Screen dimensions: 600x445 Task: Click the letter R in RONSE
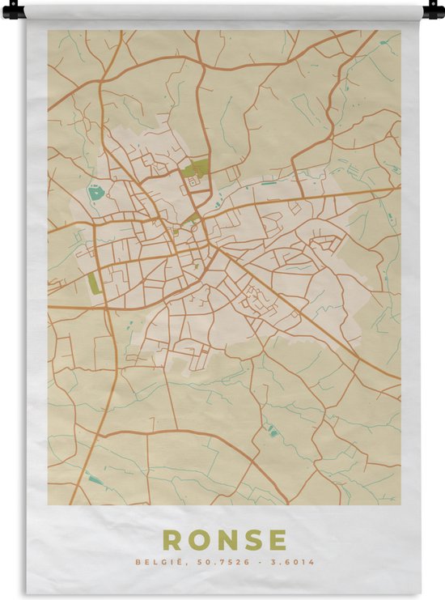click(x=172, y=540)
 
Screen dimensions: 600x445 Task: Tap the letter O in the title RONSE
click(x=199, y=540)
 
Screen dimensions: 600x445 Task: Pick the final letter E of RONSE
click(x=277, y=540)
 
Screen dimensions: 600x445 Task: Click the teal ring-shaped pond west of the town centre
click(x=96, y=194)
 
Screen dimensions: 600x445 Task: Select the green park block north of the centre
click(x=196, y=169)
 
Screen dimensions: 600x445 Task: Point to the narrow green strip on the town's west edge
click(x=93, y=283)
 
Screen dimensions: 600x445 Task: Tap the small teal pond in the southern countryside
click(x=273, y=432)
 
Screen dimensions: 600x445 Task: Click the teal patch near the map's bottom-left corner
click(x=95, y=479)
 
